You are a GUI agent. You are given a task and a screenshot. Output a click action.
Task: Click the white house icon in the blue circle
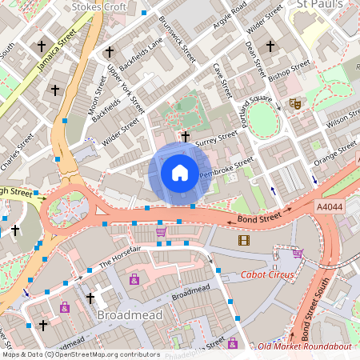click(180, 173)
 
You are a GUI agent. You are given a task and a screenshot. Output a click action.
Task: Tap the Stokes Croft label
click(103, 7)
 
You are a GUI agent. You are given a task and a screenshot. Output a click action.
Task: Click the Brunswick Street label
click(177, 39)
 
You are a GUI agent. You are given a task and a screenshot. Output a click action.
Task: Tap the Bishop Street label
click(290, 70)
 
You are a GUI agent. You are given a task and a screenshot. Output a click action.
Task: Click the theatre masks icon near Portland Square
click(295, 103)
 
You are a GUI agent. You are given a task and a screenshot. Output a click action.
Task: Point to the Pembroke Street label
click(226, 168)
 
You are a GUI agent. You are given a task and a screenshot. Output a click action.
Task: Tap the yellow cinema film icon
click(243, 240)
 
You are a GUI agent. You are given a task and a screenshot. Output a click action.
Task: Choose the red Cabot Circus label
click(266, 275)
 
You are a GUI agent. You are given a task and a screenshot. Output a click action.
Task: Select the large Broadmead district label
click(130, 315)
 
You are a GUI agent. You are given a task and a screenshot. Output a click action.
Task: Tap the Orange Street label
click(335, 152)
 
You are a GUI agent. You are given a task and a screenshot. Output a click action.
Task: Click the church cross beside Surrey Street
click(186, 137)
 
